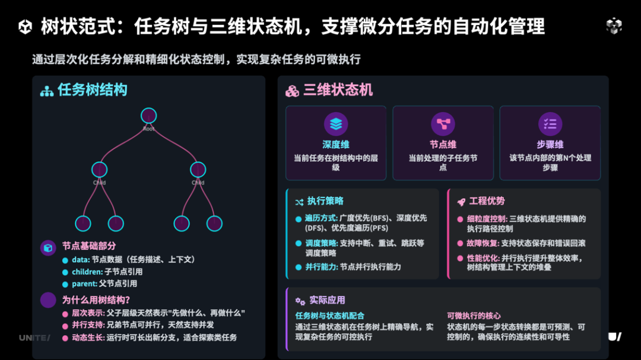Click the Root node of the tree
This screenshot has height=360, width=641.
point(148,116)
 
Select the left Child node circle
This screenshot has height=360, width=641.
point(99,170)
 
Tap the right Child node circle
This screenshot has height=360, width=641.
point(198,170)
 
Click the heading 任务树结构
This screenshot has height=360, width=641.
point(92,90)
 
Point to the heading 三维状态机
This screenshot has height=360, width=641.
point(338,90)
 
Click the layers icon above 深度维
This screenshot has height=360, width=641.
point(336,124)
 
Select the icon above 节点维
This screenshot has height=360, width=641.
point(443,124)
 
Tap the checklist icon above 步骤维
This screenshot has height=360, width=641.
point(550,124)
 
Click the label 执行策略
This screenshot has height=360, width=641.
point(325,201)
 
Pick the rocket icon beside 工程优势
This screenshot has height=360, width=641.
point(461,202)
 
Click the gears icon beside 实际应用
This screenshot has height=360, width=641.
point(300,301)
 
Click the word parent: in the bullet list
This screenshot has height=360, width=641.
point(84,283)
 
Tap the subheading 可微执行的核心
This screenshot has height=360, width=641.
point(474,316)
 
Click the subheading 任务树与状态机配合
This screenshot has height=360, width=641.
point(330,316)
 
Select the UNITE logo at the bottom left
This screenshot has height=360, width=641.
point(34,337)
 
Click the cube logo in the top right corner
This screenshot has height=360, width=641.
point(614,26)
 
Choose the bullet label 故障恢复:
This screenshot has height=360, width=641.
point(483,243)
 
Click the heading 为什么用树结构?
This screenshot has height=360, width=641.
point(96,300)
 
